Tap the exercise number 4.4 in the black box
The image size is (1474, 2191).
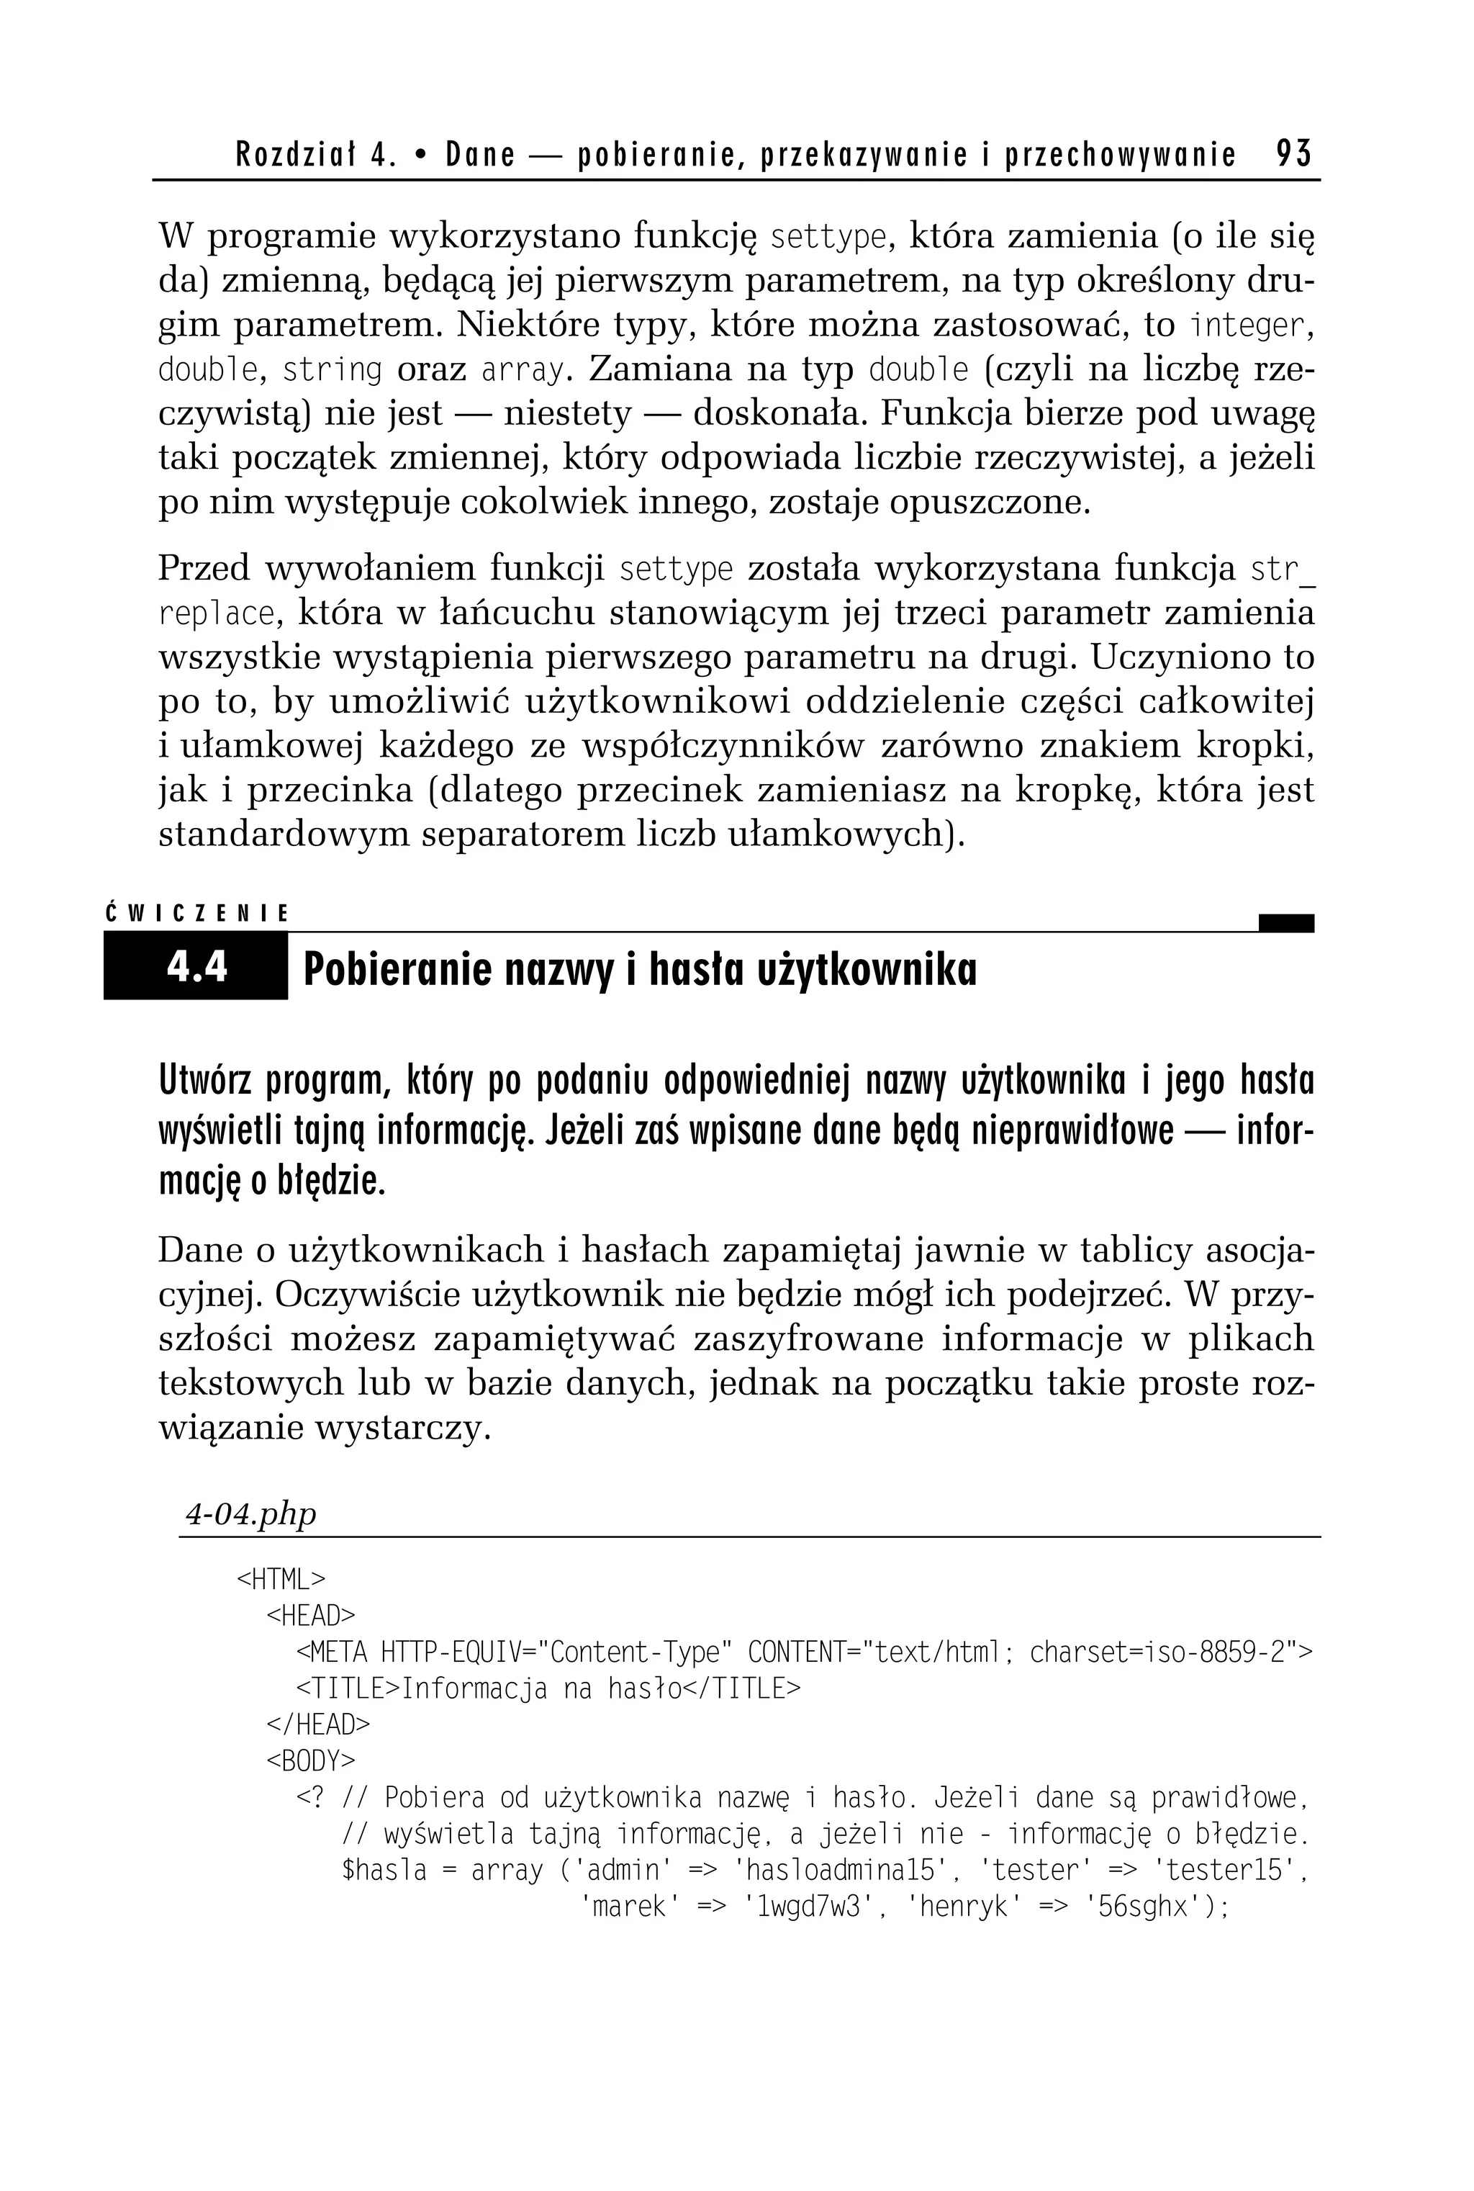[x=196, y=967]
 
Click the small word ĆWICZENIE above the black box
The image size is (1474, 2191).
[x=197, y=913]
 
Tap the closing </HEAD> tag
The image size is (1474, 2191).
[x=319, y=1724]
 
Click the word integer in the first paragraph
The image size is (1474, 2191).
[x=1247, y=325]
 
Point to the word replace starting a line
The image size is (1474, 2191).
[x=215, y=614]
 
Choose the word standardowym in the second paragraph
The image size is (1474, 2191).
[x=284, y=834]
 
